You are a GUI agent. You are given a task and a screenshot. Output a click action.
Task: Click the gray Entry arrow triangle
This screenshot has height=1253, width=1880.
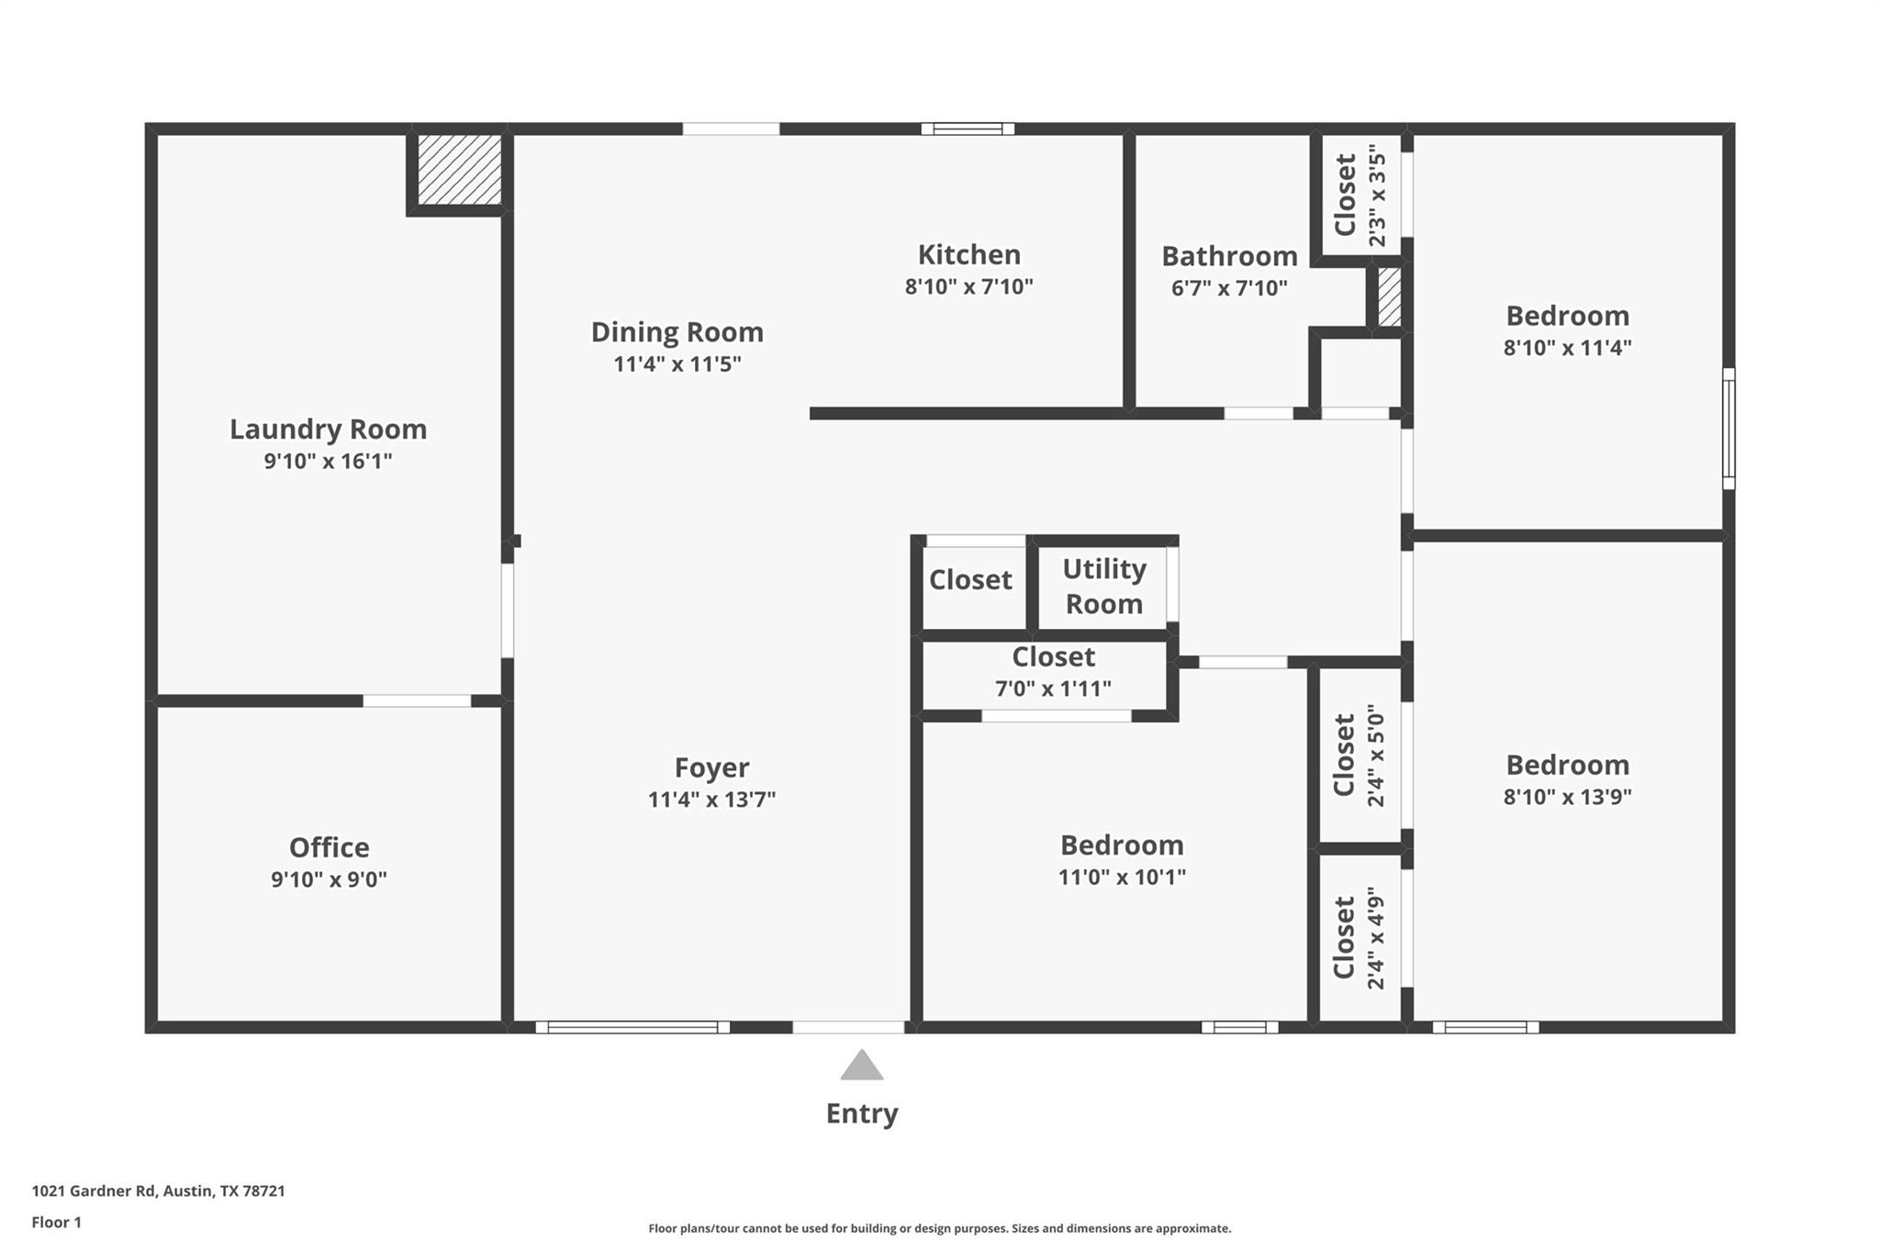coord(862,1067)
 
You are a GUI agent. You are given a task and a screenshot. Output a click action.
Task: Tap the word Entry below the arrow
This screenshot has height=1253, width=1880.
coord(862,1113)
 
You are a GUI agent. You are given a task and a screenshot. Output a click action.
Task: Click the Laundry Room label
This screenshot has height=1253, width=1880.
coord(328,429)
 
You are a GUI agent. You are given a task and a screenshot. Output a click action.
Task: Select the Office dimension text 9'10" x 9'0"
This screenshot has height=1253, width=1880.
coord(329,879)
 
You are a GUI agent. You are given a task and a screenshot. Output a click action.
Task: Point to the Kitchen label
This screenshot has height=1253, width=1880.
coord(968,254)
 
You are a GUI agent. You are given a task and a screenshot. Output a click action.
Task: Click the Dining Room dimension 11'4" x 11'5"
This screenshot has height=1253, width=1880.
coord(677,364)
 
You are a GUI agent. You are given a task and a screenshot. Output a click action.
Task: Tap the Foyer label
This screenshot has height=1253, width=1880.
coord(711,767)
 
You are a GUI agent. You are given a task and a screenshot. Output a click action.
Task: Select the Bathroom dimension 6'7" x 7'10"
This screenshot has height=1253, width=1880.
coord(1229,288)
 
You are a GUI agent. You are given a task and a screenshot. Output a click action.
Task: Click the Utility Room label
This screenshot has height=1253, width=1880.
coord(1103,587)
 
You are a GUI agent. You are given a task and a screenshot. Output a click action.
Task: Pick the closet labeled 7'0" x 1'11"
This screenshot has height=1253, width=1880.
coord(1053,673)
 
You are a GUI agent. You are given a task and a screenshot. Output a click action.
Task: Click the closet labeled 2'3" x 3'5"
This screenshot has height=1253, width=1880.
coord(1360,195)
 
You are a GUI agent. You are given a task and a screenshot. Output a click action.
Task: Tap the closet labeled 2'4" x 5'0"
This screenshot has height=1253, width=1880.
coord(1359,755)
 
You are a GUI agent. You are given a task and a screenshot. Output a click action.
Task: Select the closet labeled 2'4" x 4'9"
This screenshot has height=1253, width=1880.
coord(1359,937)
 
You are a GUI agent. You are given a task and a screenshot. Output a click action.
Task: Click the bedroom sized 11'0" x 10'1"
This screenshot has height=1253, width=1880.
coord(1122,859)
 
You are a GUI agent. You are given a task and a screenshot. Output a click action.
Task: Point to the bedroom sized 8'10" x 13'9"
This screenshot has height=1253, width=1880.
coord(1567,779)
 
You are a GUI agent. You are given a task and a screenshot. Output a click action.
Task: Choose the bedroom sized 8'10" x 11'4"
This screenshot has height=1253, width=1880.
coord(1567,330)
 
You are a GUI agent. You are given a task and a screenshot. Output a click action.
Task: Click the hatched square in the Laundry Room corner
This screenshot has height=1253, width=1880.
coord(459,171)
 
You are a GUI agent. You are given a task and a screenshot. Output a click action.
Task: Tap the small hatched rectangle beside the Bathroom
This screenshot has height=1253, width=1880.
coord(1389,296)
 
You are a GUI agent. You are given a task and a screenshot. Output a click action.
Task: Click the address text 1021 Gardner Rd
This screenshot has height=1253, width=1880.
coord(158,1191)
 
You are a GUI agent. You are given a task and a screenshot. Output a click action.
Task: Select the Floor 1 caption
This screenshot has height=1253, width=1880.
coord(56,1223)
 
